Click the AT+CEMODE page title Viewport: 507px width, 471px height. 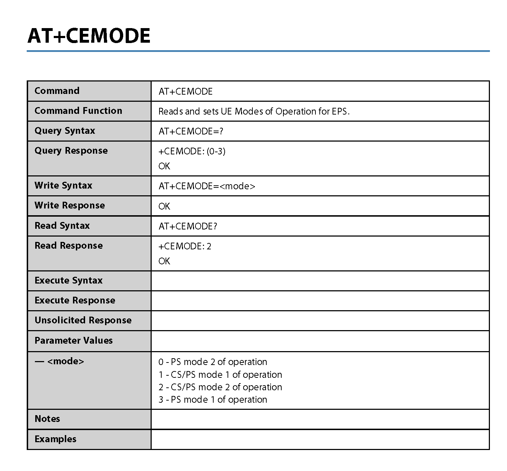point(89,36)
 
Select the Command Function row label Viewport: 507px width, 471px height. point(78,111)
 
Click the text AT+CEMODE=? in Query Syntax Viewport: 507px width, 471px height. point(191,131)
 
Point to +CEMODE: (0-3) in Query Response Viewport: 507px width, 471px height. point(192,151)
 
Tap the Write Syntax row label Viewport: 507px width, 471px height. point(63,185)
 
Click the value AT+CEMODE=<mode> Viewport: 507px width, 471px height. point(207,186)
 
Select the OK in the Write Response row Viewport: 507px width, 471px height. point(164,206)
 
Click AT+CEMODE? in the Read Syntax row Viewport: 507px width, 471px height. point(188,226)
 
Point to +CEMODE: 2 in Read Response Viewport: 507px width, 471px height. point(185,246)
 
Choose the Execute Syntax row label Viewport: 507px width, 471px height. point(68,280)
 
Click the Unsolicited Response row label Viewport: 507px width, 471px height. point(83,320)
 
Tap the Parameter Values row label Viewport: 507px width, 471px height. point(73,340)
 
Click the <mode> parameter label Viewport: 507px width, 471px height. point(66,361)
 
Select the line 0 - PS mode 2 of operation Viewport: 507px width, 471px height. point(213,362)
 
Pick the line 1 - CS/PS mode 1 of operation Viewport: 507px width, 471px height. point(220,375)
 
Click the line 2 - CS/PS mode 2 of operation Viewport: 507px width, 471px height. point(220,387)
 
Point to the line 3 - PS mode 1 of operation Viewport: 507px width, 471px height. point(213,399)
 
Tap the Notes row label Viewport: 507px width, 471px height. point(47,419)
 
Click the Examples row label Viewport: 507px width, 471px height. point(56,439)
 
